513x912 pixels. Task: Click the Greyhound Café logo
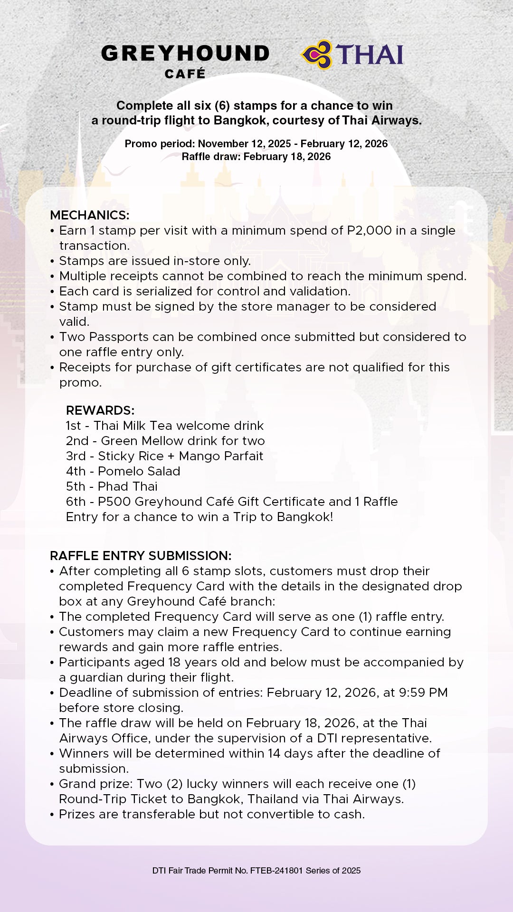tap(185, 60)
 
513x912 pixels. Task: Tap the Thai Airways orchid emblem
tap(317, 55)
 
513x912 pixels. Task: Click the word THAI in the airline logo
tap(370, 55)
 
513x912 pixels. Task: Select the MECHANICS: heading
tap(89, 215)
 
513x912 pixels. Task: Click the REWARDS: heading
tap(100, 410)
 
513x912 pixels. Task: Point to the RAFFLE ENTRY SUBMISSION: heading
tap(141, 556)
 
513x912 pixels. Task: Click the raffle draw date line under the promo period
tap(256, 157)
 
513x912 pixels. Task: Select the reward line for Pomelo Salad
tap(123, 471)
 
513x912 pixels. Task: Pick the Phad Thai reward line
tap(112, 486)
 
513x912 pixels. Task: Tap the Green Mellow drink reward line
tap(165, 441)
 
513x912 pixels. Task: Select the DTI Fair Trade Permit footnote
tap(256, 871)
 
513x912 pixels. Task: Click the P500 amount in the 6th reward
tap(114, 502)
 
